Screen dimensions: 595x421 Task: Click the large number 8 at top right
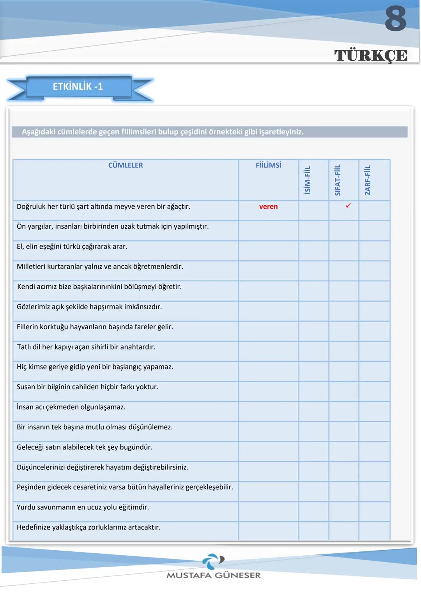395,19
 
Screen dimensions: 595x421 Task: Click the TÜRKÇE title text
371,55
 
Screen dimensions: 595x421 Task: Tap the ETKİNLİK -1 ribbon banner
78,87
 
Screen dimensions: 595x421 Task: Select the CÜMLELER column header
126,165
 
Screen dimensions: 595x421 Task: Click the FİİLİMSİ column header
268,165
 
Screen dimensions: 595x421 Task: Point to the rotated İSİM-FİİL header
307,180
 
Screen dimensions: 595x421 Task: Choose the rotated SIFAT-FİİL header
338,180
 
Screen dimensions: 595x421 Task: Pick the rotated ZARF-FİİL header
368,180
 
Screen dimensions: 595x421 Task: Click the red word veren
268,207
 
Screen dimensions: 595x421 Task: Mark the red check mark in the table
348,205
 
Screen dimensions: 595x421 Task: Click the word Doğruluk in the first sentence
31,207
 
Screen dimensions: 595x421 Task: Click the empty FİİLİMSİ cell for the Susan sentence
268,391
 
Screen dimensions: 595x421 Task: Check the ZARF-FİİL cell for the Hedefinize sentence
374,531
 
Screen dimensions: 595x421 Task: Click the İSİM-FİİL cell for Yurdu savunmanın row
314,511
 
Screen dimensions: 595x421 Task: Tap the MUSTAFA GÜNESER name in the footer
213,575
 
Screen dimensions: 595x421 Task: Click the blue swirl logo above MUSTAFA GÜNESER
212,561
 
